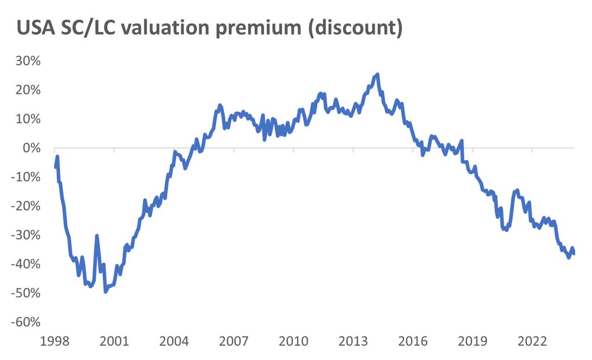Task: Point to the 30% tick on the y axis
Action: coord(29,61)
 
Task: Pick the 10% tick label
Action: coord(29,119)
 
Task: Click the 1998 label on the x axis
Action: coord(55,342)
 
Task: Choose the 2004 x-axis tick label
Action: coord(174,342)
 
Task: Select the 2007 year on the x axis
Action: coord(234,342)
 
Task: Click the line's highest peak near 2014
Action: coord(377,74)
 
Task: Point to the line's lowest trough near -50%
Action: coord(105,291)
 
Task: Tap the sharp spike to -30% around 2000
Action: coord(97,236)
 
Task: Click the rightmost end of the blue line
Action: coord(573,253)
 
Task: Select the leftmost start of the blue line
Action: coord(55,166)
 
